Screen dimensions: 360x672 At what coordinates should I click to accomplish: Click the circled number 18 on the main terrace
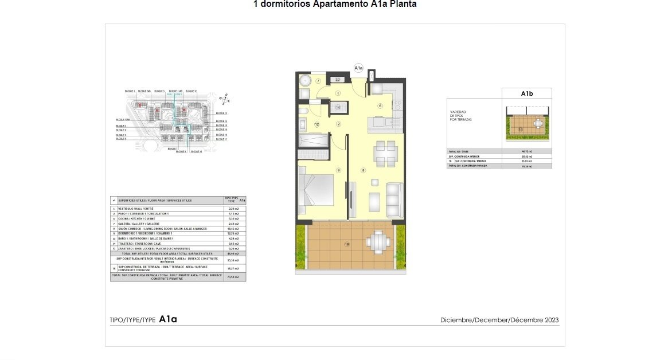tap(347, 244)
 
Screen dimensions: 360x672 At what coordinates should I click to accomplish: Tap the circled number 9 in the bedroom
tap(338, 170)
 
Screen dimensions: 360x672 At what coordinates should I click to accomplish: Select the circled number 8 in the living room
tap(363, 170)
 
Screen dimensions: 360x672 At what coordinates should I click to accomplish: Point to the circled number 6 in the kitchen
tap(380, 106)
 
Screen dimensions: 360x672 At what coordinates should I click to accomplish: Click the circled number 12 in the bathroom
tap(317, 124)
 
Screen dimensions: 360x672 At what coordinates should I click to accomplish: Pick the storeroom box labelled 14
tap(338, 107)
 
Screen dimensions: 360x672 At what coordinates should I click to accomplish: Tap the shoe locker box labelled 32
tap(338, 80)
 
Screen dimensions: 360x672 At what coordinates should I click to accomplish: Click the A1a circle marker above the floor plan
tap(359, 68)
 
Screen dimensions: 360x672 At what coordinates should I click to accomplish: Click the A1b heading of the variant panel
tap(527, 93)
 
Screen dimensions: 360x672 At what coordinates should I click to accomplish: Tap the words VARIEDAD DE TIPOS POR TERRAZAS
tap(459, 115)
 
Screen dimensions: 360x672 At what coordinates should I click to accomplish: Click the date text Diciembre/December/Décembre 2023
tap(499, 320)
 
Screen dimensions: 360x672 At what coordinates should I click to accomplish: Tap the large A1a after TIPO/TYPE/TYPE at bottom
tap(168, 319)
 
